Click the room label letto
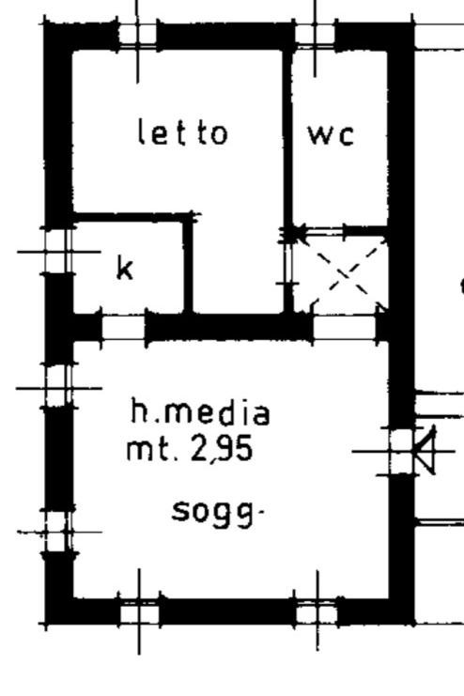click(183, 131)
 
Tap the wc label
click(332, 134)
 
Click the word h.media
click(200, 412)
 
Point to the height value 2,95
click(221, 449)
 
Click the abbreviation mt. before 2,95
click(153, 449)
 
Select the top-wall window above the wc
click(315, 35)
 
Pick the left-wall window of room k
click(57, 252)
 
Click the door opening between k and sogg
click(124, 328)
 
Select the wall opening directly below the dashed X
click(345, 328)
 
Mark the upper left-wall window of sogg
click(57, 387)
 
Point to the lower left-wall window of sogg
click(57, 532)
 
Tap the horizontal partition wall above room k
click(131, 217)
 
